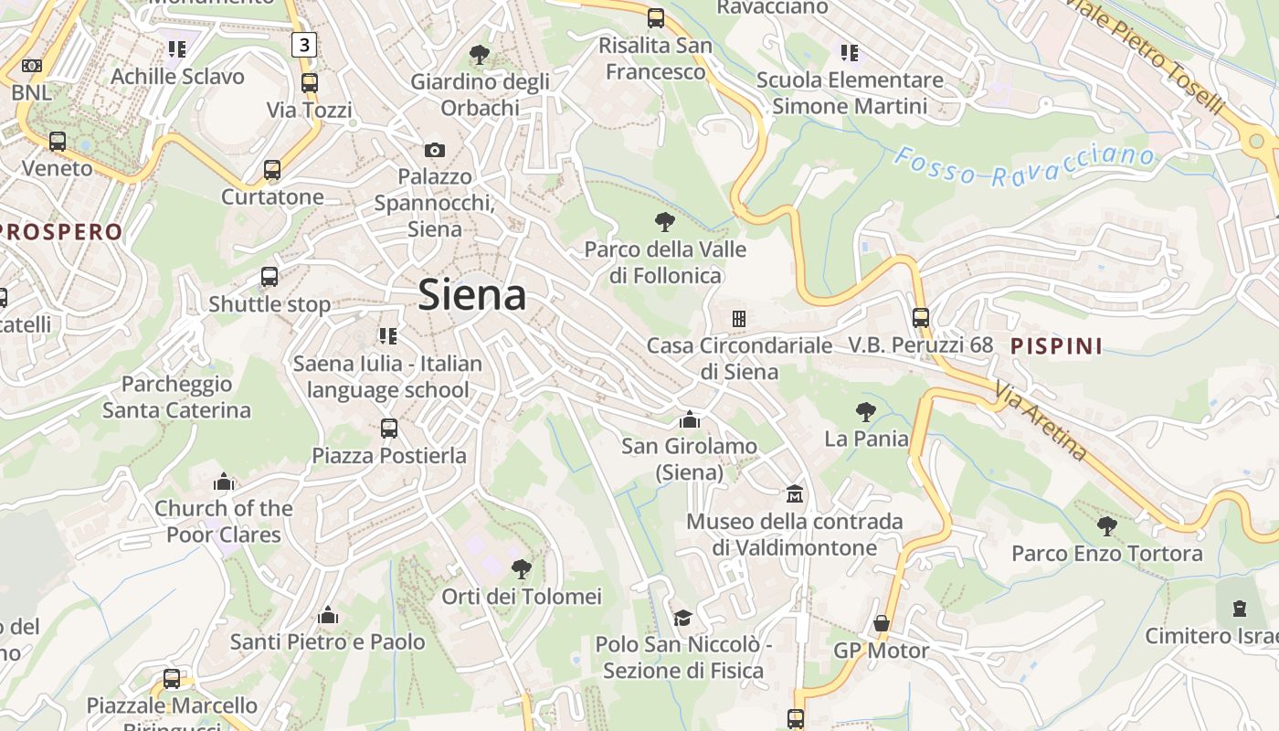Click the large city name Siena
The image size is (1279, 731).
click(x=472, y=295)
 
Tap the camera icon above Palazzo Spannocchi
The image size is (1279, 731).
click(x=435, y=150)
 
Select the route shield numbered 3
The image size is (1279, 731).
click(x=304, y=45)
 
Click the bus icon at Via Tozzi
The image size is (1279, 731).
click(x=310, y=83)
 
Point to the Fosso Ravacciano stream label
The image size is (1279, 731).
click(x=1023, y=166)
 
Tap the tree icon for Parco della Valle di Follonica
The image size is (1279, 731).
click(x=665, y=221)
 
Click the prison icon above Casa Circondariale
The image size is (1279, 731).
click(x=739, y=319)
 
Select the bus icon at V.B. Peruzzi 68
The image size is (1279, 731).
click(x=921, y=318)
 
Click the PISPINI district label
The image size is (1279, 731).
click(x=1056, y=346)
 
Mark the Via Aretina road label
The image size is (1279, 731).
click(x=1041, y=421)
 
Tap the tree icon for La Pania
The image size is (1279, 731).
click(x=866, y=412)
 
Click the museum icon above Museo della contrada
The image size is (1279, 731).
click(x=795, y=494)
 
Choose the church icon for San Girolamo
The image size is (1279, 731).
click(x=690, y=419)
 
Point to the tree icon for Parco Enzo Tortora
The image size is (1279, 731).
click(x=1107, y=525)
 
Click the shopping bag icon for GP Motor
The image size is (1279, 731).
click(x=882, y=623)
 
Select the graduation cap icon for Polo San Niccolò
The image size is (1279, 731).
click(x=682, y=618)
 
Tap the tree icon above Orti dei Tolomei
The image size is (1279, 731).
click(x=522, y=569)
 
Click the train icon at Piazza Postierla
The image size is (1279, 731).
click(x=389, y=428)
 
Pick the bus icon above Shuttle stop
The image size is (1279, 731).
click(x=270, y=276)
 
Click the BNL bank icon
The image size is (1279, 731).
click(x=32, y=66)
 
